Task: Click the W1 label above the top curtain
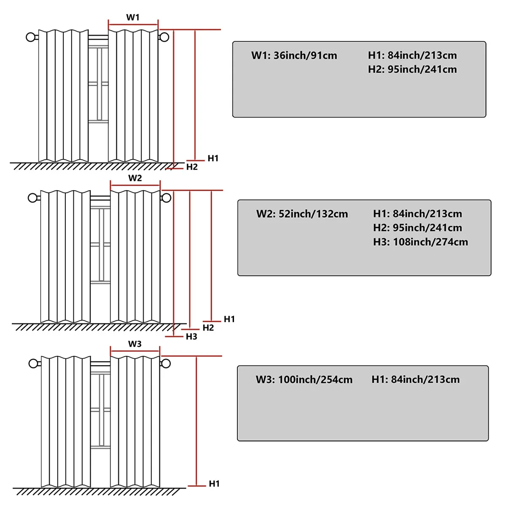tap(132, 17)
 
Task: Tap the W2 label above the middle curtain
tap(135, 178)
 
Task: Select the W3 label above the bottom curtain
tap(135, 344)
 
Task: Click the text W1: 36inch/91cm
tap(294, 55)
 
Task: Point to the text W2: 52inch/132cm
tap(302, 214)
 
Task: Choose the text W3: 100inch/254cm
tap(304, 379)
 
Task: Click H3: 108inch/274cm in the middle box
tap(420, 242)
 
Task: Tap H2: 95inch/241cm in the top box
tap(412, 69)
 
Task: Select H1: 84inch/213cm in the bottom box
tap(415, 379)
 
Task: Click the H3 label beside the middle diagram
tap(191, 336)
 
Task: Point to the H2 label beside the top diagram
tap(192, 167)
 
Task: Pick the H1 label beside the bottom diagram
tap(214, 483)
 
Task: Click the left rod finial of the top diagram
tap(31, 37)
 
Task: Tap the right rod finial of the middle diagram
tap(166, 198)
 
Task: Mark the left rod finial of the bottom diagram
tap(33, 363)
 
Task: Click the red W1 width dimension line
tap(133, 25)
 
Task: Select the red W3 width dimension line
tap(135, 351)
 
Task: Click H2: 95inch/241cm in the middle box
tap(417, 228)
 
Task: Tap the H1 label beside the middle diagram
tap(229, 319)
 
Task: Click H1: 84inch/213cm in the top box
tap(412, 55)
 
